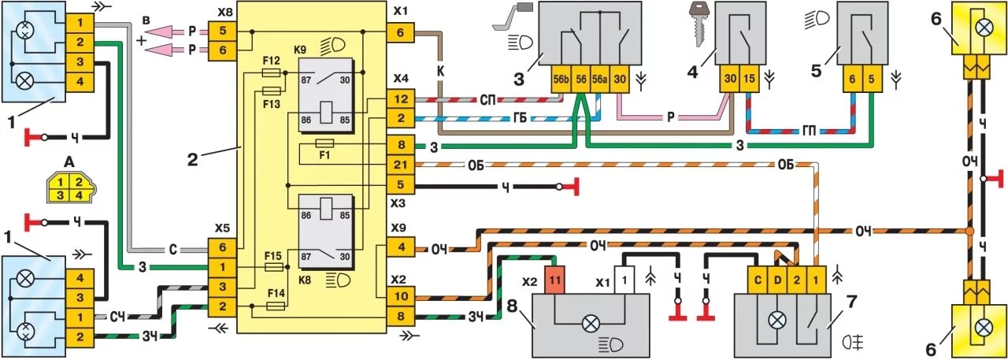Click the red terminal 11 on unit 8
(x=554, y=279)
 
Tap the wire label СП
(x=489, y=101)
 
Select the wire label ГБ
(x=516, y=120)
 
